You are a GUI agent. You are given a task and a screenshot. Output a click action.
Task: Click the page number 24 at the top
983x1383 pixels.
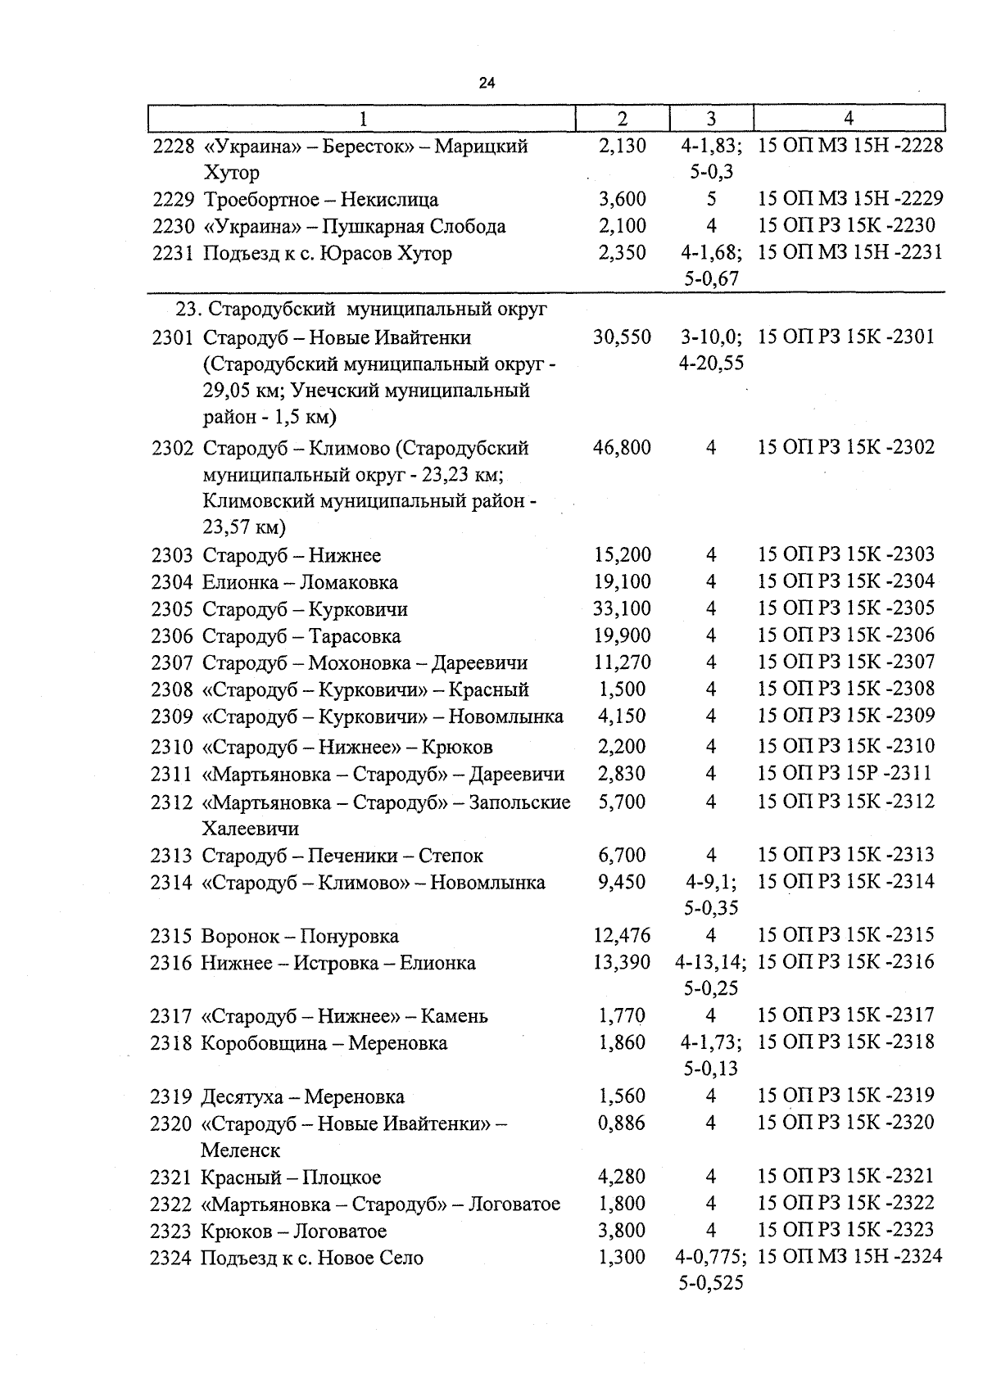(x=487, y=84)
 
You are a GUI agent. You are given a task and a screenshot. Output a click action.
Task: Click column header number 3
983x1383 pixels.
(x=711, y=119)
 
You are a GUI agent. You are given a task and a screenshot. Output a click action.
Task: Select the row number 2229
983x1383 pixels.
(x=174, y=200)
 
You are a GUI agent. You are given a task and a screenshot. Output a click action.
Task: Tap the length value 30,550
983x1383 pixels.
(x=622, y=337)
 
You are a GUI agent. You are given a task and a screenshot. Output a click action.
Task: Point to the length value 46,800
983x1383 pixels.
(x=622, y=448)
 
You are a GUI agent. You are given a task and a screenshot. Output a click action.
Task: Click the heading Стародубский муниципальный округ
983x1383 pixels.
(x=361, y=310)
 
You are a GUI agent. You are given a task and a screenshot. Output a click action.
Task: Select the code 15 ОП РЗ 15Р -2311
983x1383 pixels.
(x=845, y=773)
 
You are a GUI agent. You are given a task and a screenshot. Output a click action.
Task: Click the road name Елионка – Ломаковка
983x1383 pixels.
(x=300, y=582)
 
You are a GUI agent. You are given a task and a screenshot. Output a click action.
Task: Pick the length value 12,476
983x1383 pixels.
(x=622, y=935)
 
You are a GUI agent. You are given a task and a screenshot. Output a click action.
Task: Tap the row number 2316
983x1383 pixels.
(x=171, y=963)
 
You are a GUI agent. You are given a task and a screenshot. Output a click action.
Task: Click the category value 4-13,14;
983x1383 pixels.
(x=709, y=962)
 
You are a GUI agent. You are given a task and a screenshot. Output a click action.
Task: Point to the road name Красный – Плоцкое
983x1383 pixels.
(x=291, y=1177)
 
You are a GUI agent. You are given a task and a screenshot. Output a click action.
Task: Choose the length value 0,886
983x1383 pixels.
(x=622, y=1123)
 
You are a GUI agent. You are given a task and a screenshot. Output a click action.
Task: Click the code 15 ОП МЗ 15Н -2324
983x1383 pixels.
(x=850, y=1256)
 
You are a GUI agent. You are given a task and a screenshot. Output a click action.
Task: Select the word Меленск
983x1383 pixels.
(x=240, y=1150)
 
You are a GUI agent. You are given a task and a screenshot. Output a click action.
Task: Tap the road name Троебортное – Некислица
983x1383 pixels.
(x=320, y=200)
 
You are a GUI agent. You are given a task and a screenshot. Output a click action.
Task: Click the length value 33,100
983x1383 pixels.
(x=622, y=608)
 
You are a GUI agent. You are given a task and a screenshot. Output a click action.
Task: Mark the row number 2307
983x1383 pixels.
(x=172, y=663)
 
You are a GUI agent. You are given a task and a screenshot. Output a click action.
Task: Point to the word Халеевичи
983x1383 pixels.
(x=251, y=829)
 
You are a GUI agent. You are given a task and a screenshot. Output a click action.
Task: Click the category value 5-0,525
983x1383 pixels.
(x=711, y=1283)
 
